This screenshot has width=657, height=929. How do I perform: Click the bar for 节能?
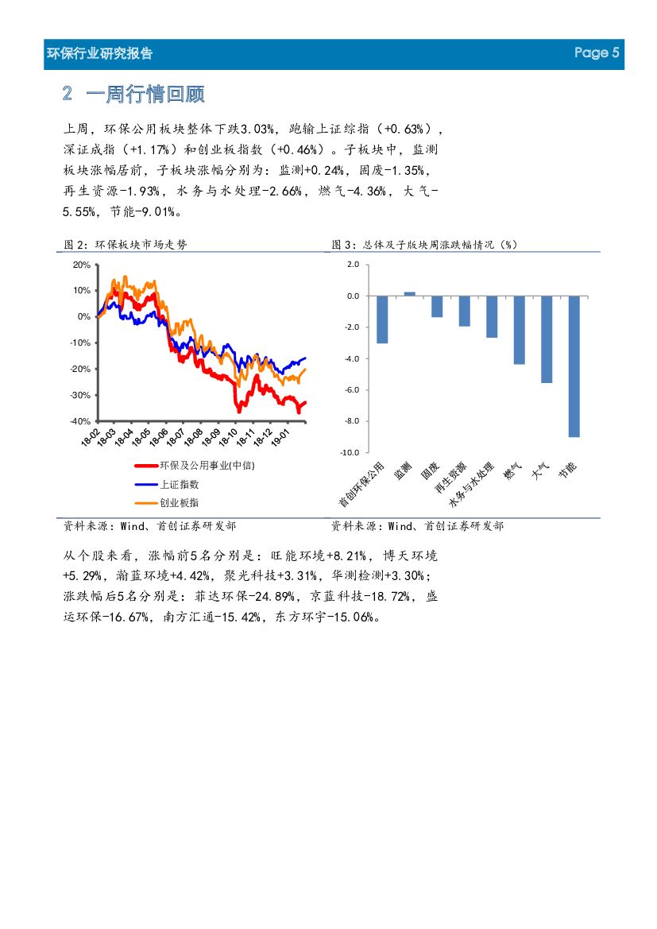[x=574, y=366]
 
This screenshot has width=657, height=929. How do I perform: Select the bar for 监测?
[x=409, y=293]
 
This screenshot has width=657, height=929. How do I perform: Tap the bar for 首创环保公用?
[x=382, y=319]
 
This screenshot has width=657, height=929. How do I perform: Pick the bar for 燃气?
[x=519, y=330]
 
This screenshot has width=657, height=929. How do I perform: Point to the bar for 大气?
[x=547, y=339]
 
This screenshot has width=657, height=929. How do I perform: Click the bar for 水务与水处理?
[x=492, y=316]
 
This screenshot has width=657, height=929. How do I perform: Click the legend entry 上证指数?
[x=179, y=483]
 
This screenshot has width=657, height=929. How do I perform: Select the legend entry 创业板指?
[x=179, y=502]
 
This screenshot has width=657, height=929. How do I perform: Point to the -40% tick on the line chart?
[x=80, y=421]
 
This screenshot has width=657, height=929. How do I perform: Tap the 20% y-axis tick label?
[x=81, y=265]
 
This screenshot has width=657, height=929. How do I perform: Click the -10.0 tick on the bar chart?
[x=350, y=452]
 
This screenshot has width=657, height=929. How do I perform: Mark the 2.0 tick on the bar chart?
[x=353, y=265]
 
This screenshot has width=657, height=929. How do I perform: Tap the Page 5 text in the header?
[x=597, y=53]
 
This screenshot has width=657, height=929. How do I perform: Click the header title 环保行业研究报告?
[x=100, y=54]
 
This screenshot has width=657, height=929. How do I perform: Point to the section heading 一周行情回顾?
[x=145, y=95]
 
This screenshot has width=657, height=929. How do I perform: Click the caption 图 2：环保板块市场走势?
[x=126, y=245]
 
